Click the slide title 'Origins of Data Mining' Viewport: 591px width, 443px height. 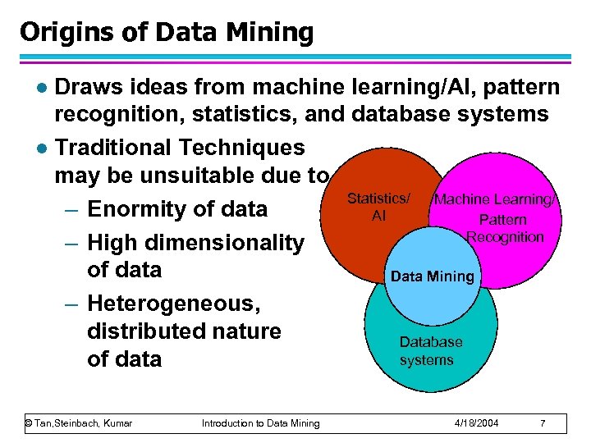pos(167,32)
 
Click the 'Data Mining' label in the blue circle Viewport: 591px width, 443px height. pos(433,276)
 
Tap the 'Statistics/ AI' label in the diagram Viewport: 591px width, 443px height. pos(378,207)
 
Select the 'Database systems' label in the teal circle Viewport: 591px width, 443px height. pos(430,351)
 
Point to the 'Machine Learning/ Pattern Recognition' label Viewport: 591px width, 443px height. pos(497,218)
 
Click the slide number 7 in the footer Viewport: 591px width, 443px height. pos(543,423)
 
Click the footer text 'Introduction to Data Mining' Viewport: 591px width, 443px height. pos(261,423)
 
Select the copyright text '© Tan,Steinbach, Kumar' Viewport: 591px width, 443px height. pos(79,423)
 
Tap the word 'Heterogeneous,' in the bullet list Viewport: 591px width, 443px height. pos(172,304)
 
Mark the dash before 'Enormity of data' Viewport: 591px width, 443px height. pos(73,209)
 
